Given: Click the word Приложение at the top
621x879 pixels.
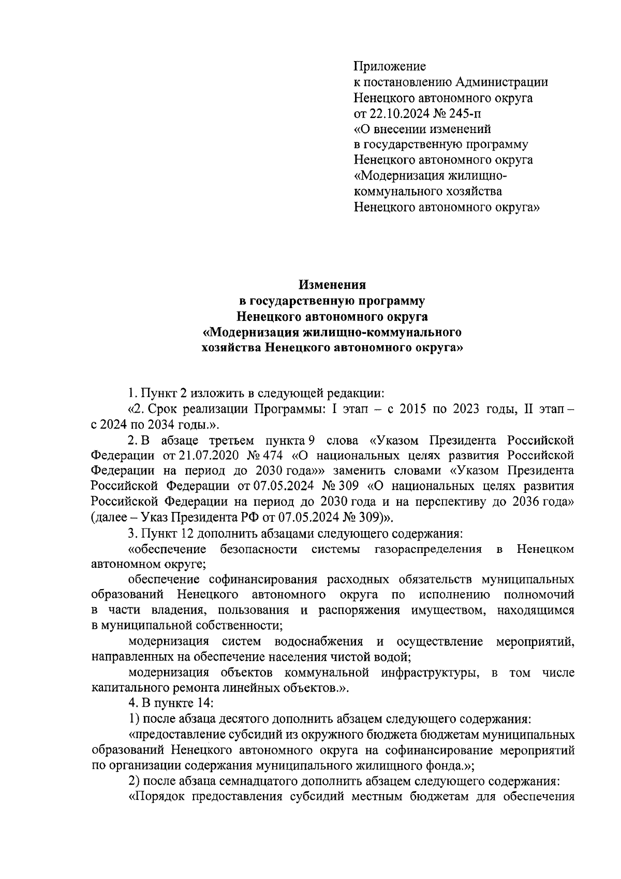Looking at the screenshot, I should point(389,66).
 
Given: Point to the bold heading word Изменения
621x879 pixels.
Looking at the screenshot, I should point(332,285).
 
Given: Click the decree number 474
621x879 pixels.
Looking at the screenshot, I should point(273,456).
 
